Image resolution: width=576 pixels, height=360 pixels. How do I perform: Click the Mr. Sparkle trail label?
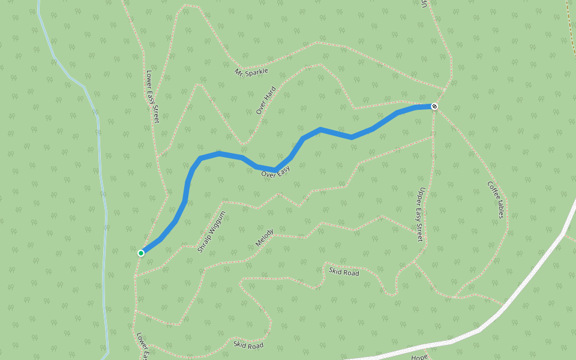[x=252, y=71]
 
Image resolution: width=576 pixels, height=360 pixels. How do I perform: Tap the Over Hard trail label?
[x=266, y=100]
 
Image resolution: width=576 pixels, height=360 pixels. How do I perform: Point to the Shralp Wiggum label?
[x=212, y=232]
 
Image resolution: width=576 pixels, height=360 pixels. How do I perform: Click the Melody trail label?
[x=265, y=238]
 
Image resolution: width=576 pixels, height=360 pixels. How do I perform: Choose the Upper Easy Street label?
[x=421, y=214]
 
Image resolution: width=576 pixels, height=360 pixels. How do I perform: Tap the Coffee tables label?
[x=496, y=200]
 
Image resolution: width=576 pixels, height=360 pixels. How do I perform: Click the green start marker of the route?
[x=141, y=253]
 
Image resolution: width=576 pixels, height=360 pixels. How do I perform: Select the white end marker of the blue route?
[x=434, y=106]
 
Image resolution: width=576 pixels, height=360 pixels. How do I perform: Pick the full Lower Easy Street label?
[x=152, y=97]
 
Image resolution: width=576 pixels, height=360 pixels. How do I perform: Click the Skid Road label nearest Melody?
[x=344, y=272]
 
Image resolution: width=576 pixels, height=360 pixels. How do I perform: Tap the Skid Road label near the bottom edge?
[x=248, y=345]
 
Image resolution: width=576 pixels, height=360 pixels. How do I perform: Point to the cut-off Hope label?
[x=419, y=356]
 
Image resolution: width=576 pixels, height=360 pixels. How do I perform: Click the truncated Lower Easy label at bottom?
[x=142, y=347]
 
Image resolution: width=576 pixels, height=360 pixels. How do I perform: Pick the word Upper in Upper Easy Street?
[x=422, y=197]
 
